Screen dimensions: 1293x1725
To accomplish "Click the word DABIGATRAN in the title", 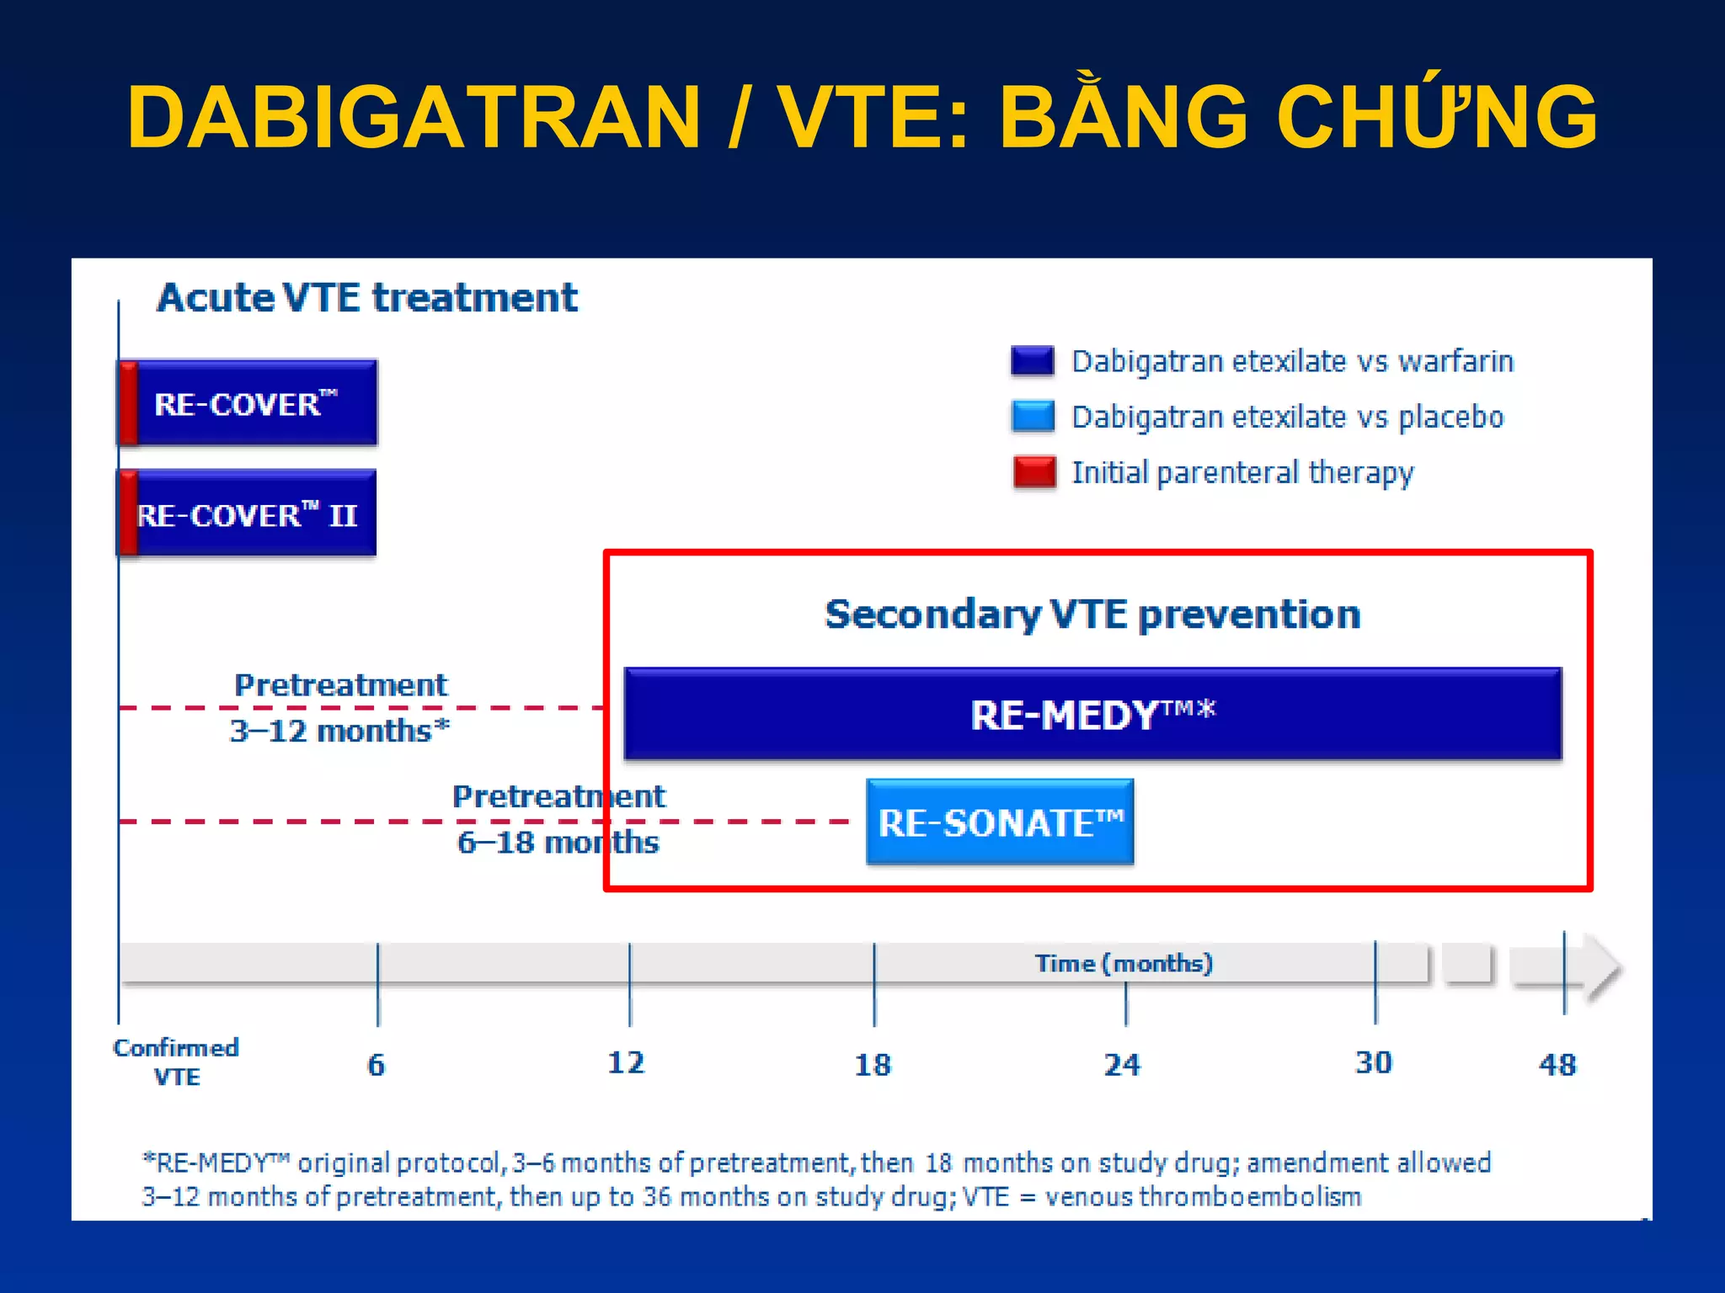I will (x=413, y=118).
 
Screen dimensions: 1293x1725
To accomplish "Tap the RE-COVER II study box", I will (x=248, y=514).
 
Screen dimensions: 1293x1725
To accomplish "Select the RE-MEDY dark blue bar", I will (x=1092, y=715).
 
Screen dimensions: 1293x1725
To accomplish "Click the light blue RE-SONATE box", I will (x=1000, y=822).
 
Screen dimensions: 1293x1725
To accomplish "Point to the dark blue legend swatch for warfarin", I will (x=1033, y=361).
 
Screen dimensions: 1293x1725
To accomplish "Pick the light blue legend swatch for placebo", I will (x=1033, y=417).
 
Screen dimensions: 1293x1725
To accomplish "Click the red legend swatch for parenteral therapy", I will (x=1034, y=472).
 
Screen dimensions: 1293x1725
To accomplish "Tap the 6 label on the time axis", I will (x=377, y=1066).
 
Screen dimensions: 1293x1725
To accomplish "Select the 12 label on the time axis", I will (x=626, y=1063).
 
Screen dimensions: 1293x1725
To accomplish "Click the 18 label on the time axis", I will (x=873, y=1066).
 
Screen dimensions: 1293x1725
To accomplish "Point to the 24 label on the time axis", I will (x=1122, y=1066).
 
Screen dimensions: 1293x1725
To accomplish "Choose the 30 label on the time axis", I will (x=1373, y=1063).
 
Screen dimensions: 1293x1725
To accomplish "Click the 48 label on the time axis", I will (x=1557, y=1066).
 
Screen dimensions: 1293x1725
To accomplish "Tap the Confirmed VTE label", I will (x=176, y=1062).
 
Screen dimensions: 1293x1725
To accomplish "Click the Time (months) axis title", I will (x=1124, y=963).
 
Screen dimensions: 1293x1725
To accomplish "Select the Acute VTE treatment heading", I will (x=367, y=298).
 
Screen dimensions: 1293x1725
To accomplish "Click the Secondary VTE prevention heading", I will (x=1092, y=615).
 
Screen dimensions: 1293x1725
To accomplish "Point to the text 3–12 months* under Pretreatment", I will (x=339, y=731).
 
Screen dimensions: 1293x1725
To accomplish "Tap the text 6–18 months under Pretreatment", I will (x=558, y=843).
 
